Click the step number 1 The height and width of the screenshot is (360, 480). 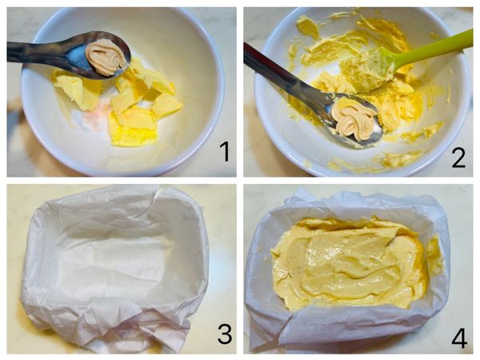tap(226, 152)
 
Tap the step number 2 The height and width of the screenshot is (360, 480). tap(458, 157)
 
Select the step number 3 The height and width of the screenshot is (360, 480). tap(225, 334)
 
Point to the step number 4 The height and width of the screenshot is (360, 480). tap(459, 338)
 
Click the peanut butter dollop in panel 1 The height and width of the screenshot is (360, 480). tap(106, 57)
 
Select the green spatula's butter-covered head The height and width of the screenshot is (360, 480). tap(367, 70)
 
